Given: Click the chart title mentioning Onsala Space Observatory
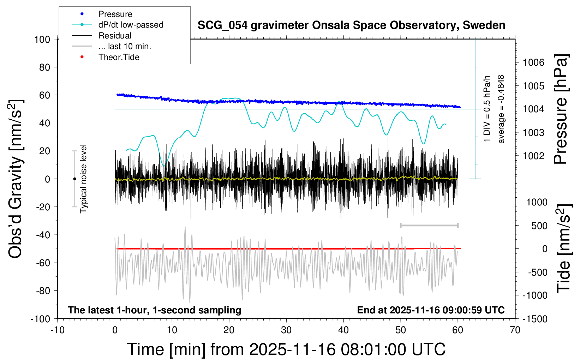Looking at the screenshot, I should pyautogui.click(x=351, y=25).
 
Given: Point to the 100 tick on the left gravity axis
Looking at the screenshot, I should pyautogui.click(x=42, y=39).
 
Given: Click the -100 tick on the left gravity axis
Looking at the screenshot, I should pyautogui.click(x=41, y=319).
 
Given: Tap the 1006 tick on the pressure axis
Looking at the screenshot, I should pyautogui.click(x=533, y=62).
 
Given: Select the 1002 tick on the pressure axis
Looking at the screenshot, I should pyautogui.click(x=533, y=156).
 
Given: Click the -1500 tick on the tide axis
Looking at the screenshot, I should pyautogui.click(x=535, y=319).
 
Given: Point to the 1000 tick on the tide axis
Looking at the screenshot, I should pyautogui.click(x=537, y=202).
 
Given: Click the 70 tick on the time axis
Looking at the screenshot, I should pyautogui.click(x=515, y=330).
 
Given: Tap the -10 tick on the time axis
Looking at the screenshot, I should pyautogui.click(x=58, y=330).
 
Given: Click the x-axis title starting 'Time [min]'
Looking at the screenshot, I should pyautogui.click(x=286, y=349).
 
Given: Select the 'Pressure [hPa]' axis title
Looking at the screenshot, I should pyautogui.click(x=561, y=109).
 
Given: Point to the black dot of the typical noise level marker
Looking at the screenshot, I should pyautogui.click(x=74, y=179).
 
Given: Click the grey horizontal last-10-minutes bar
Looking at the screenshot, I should pyautogui.click(x=429, y=225).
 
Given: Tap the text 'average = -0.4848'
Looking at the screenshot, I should pyautogui.click(x=501, y=109).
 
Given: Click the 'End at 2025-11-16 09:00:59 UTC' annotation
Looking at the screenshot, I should pyautogui.click(x=431, y=310).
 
